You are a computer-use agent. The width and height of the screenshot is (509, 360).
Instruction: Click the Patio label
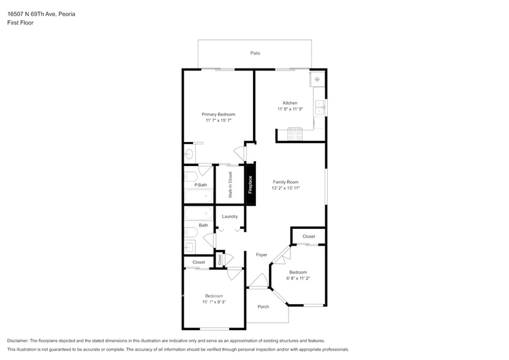click(255, 53)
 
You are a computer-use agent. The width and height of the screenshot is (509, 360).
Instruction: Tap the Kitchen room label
click(290, 103)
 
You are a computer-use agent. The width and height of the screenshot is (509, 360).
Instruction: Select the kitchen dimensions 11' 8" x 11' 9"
click(290, 110)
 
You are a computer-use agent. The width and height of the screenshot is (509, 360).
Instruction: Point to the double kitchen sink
click(319, 108)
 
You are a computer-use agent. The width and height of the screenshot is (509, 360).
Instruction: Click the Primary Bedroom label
click(218, 114)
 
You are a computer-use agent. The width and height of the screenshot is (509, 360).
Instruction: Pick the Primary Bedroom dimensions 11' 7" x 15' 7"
click(218, 121)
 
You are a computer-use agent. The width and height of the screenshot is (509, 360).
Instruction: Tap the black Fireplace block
click(249, 184)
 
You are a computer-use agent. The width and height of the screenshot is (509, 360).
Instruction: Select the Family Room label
click(285, 182)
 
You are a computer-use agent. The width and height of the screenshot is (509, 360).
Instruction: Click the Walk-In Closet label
click(230, 184)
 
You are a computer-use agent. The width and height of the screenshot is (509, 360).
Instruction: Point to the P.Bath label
click(200, 185)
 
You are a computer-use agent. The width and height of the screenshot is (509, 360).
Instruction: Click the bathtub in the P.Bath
click(198, 197)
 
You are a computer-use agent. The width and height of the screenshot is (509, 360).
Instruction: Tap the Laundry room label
click(230, 216)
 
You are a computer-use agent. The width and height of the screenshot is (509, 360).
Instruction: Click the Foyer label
click(262, 255)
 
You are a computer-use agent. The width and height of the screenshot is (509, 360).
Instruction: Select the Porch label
click(263, 307)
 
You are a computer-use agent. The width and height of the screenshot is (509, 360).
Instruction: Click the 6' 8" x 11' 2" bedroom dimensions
click(298, 279)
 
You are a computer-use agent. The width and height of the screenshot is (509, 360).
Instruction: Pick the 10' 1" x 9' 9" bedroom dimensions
click(214, 302)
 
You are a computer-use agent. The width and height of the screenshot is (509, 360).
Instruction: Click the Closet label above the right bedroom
click(308, 236)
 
